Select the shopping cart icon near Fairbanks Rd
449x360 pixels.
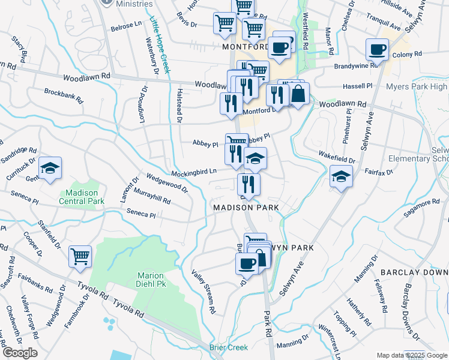[80, 257]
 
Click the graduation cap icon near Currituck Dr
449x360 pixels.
[50, 169]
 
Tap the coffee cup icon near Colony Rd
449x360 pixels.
[378, 50]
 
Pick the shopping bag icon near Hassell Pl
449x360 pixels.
[298, 94]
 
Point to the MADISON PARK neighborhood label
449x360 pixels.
[246, 207]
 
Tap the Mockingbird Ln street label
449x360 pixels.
[194, 172]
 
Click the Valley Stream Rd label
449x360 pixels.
[203, 293]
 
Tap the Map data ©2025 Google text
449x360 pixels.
[412, 355]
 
